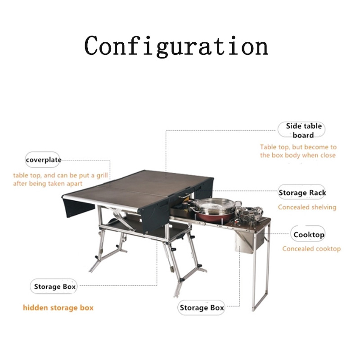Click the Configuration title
point(176,46)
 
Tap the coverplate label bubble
point(43,160)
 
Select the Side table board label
point(301,130)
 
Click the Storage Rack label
point(301,193)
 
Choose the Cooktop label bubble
point(308,234)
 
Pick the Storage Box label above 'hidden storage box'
point(54,286)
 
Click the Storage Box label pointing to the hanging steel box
point(201,307)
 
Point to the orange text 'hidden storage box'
point(58,308)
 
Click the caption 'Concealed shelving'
point(307,207)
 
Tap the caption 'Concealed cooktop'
point(311,249)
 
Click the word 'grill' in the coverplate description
point(102,175)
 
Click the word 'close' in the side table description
point(328,155)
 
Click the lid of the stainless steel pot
point(216,203)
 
